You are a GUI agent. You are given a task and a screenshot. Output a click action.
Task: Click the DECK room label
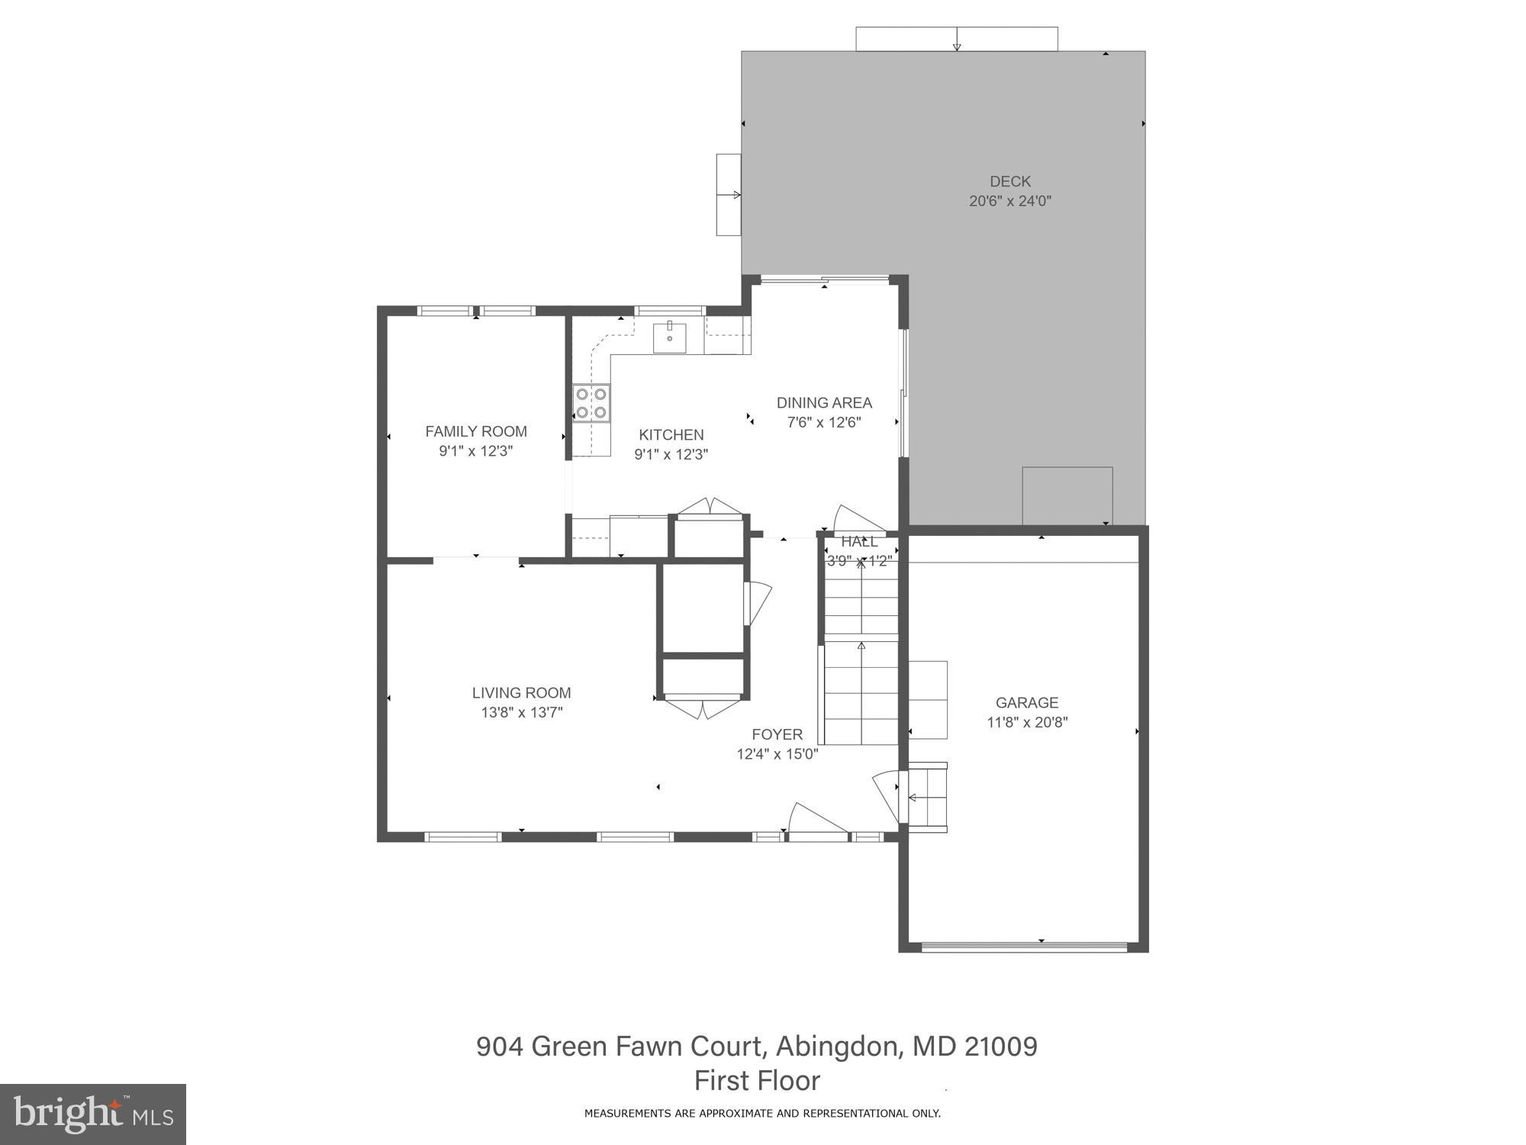coord(1009,182)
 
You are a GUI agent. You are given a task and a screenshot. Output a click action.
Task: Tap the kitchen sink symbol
coord(669,337)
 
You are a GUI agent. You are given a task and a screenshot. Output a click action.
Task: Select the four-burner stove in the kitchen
coord(592,403)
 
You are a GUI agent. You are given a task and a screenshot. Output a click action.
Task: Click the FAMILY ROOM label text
coord(476,431)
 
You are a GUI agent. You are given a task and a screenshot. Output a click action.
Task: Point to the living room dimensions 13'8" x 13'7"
coord(521,712)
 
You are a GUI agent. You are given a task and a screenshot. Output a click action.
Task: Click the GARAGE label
coord(1026,702)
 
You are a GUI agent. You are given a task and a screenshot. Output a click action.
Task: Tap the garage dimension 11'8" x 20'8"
coord(1027,722)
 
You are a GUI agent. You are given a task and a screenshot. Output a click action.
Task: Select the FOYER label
coord(777,734)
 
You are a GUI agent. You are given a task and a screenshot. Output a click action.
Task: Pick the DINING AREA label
coord(824,402)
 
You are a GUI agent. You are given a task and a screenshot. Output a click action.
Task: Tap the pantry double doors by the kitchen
coord(710,508)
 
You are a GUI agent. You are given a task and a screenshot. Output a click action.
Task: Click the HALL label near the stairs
coord(859,541)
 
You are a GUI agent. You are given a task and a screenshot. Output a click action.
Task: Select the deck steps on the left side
coord(728,195)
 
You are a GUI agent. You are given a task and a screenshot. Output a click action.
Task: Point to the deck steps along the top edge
coord(956,39)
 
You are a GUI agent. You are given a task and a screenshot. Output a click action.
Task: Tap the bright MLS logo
coord(92,1114)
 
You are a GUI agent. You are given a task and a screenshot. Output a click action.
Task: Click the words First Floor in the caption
coord(757,1080)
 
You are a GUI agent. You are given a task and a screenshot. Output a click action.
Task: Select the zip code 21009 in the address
coord(1000,1046)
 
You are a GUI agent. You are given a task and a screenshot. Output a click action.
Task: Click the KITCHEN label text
coord(671,434)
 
